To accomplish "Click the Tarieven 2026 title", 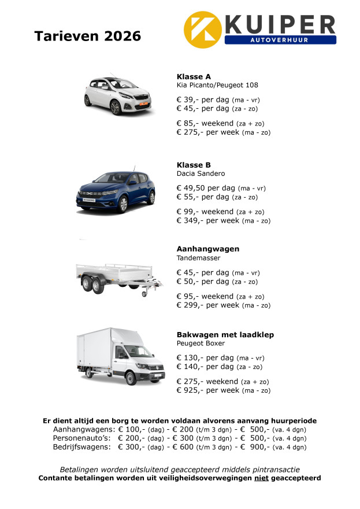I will (x=87, y=36).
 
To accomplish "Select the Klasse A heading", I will (x=194, y=76).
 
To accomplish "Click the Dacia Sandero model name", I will (x=201, y=174).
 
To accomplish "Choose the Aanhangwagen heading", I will (x=207, y=249).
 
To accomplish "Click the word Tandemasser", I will (x=198, y=258).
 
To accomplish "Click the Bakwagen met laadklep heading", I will (x=225, y=334).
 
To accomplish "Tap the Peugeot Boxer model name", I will (x=201, y=343).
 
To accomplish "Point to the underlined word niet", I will (x=262, y=478).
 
